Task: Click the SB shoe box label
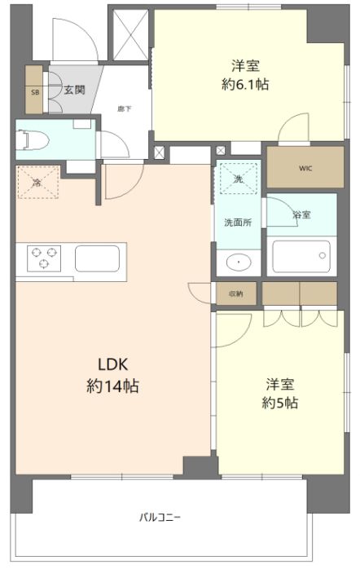coord(35,93)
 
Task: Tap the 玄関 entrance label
coord(75,90)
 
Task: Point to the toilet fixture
coord(33,140)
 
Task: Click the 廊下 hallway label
coord(124,108)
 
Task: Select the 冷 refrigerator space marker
coord(38,182)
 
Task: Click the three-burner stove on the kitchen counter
coord(44,258)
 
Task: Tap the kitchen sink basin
coord(97,258)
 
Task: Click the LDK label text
coord(113,364)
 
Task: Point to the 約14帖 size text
coord(112,386)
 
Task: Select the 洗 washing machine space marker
coord(239,179)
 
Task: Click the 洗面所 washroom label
coord(238,223)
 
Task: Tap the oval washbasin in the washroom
coord(239,262)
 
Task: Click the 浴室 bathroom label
coord(301,214)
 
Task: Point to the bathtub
coord(301,256)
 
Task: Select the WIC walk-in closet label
coord(305,169)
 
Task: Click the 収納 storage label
coord(236,293)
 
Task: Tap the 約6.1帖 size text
coord(245,85)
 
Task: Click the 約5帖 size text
coord(280,403)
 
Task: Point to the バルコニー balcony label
coord(160,517)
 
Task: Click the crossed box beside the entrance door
coord(130,34)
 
